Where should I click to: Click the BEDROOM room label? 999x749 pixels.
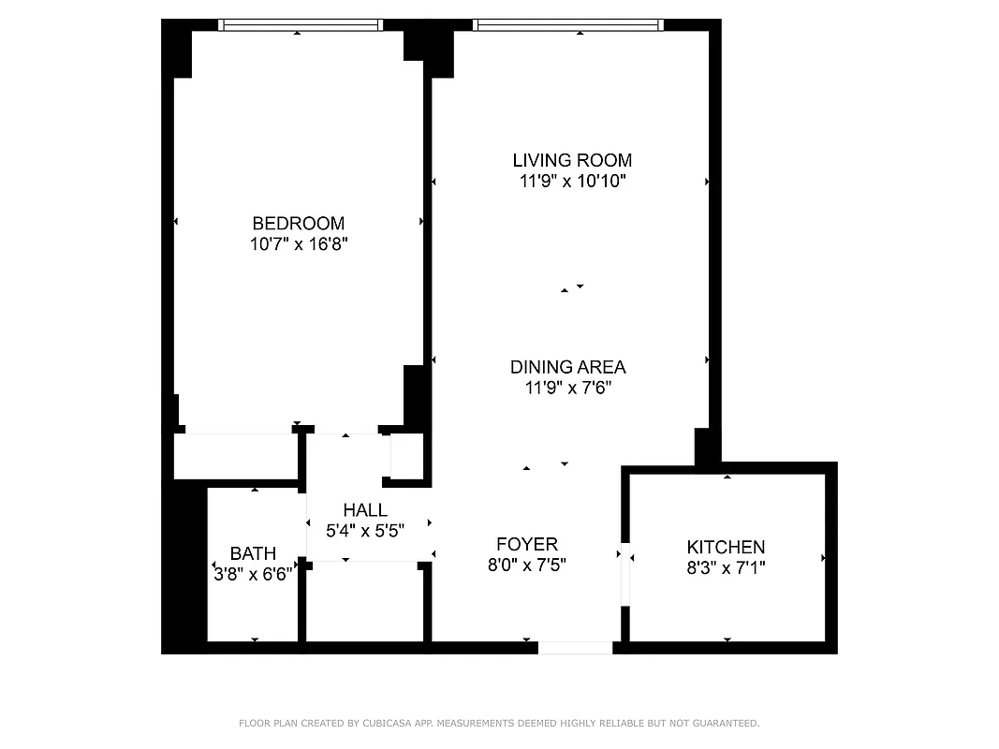(x=298, y=223)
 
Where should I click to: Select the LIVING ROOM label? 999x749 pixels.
(x=572, y=160)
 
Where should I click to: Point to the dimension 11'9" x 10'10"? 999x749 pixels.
(x=572, y=182)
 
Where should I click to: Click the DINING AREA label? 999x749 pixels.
(x=567, y=367)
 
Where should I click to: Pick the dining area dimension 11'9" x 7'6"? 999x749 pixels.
(x=567, y=388)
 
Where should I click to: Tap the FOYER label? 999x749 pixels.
(x=526, y=544)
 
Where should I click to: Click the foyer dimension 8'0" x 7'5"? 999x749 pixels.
(x=526, y=565)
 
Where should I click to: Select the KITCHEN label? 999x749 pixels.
(x=726, y=547)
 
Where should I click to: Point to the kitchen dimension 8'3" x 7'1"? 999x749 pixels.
(x=726, y=567)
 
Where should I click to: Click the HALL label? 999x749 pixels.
(x=364, y=510)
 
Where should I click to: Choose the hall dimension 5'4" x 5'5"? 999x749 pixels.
(x=364, y=530)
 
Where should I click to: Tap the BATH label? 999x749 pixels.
(x=253, y=554)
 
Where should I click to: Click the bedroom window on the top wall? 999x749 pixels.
(x=301, y=25)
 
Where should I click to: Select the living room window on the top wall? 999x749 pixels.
(x=567, y=25)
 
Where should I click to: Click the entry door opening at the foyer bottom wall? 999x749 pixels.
(x=575, y=647)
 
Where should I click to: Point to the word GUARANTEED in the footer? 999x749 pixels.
(x=726, y=724)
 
